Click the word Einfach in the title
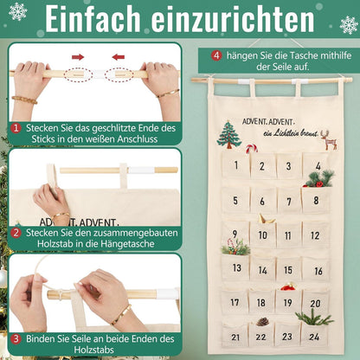point(101,21)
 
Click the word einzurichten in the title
point(238,21)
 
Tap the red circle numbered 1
point(16,127)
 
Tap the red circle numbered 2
point(16,232)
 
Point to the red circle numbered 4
point(216,55)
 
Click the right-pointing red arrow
point(77,57)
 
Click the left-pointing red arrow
point(118,57)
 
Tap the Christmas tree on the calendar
point(230,134)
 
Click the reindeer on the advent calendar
point(328,139)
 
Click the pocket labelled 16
point(316,269)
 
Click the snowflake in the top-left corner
point(17,12)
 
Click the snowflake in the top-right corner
point(349,23)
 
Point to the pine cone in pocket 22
point(262,323)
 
